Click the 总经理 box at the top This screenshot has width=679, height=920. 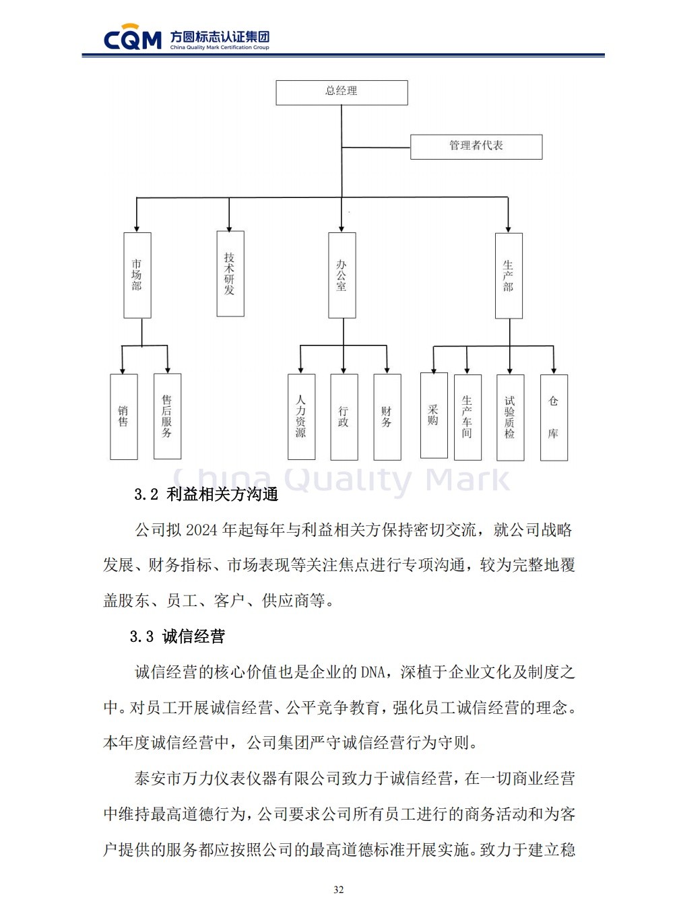(x=342, y=92)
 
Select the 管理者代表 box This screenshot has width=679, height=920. (x=476, y=147)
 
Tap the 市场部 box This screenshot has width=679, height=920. (x=137, y=275)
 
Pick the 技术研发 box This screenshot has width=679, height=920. (x=230, y=273)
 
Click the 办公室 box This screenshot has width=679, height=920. (x=342, y=275)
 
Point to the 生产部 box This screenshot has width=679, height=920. (x=509, y=276)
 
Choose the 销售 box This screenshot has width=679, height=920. (x=124, y=417)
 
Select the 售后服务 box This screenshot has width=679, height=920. (x=167, y=416)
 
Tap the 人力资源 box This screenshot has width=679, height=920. (x=301, y=417)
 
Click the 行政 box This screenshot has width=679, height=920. (x=344, y=418)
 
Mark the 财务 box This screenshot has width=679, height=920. (x=387, y=418)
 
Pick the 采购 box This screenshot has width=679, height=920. (x=434, y=416)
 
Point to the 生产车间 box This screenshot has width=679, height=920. (x=467, y=418)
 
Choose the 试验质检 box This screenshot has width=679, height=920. (x=511, y=418)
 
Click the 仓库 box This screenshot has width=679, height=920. (x=554, y=418)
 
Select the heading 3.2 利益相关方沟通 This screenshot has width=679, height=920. (x=206, y=494)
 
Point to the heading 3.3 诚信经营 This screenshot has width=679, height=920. (x=177, y=636)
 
